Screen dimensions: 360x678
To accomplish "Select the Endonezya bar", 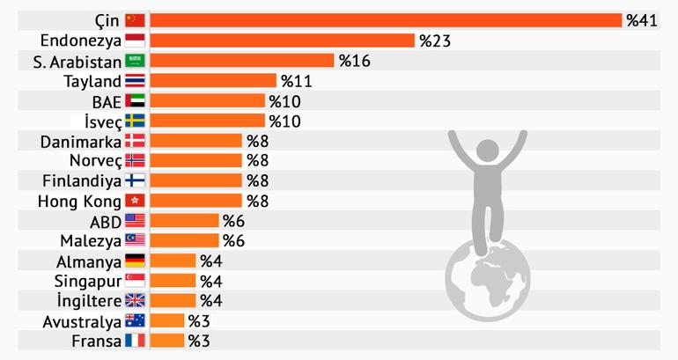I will click(x=282, y=40).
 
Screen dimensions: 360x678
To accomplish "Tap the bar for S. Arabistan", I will click(x=242, y=61).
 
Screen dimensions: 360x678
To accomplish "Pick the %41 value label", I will click(x=642, y=20).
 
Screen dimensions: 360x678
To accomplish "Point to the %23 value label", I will click(x=434, y=40).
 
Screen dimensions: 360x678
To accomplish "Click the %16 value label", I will click(x=354, y=61).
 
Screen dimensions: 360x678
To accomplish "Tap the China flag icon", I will click(x=135, y=20).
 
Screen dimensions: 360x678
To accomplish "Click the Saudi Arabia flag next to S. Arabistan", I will click(x=135, y=61).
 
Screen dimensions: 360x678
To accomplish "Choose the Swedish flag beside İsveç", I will click(x=135, y=121).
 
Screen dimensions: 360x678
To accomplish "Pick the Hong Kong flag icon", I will click(x=135, y=201).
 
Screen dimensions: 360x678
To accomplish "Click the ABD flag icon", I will click(x=135, y=221).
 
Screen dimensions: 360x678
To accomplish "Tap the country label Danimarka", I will click(x=81, y=141).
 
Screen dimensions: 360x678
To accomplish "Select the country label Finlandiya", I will click(x=81, y=180).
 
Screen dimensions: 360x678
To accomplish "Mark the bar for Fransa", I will click(x=167, y=341).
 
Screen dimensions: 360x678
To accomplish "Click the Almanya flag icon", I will click(x=135, y=261).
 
